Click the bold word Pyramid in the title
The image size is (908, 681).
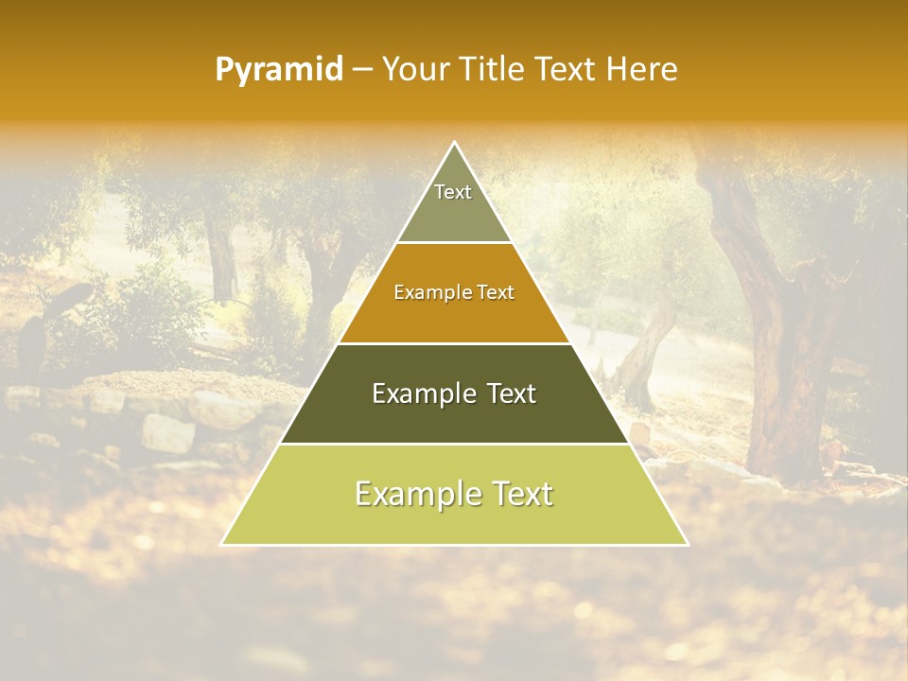[x=279, y=70]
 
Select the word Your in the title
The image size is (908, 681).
[x=416, y=70]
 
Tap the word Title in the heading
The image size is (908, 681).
[x=491, y=70]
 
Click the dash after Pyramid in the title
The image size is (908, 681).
[x=362, y=70]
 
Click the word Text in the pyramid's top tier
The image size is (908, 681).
[x=453, y=192]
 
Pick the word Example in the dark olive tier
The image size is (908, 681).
[x=415, y=393]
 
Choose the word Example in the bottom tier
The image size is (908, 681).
[x=412, y=494]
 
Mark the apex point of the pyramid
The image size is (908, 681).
[x=454, y=143]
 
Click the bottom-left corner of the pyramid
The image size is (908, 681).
[x=222, y=544]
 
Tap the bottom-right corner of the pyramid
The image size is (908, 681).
[x=687, y=544]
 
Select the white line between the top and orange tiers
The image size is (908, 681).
[x=454, y=243]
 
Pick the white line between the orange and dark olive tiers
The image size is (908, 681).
[x=454, y=343]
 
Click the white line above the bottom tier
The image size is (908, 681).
[x=454, y=444]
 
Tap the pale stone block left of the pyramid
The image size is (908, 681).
[x=167, y=432]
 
